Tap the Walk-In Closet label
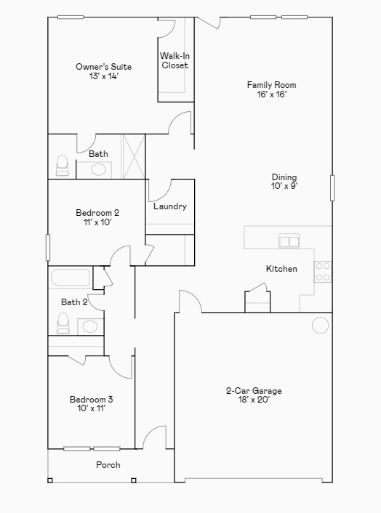click(175, 60)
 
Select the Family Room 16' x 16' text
click(271, 89)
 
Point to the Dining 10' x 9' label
click(284, 182)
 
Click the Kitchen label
click(281, 269)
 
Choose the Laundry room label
click(170, 206)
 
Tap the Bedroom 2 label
click(97, 218)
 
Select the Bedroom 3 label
click(91, 403)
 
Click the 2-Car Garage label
click(254, 395)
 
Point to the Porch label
click(108, 465)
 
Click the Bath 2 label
click(74, 302)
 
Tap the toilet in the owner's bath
click(62, 166)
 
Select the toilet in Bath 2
click(63, 323)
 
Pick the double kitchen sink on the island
click(289, 241)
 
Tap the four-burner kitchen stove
click(322, 272)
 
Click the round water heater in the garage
click(321, 325)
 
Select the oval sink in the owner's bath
click(98, 170)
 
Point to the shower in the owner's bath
click(133, 155)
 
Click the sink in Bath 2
click(89, 326)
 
